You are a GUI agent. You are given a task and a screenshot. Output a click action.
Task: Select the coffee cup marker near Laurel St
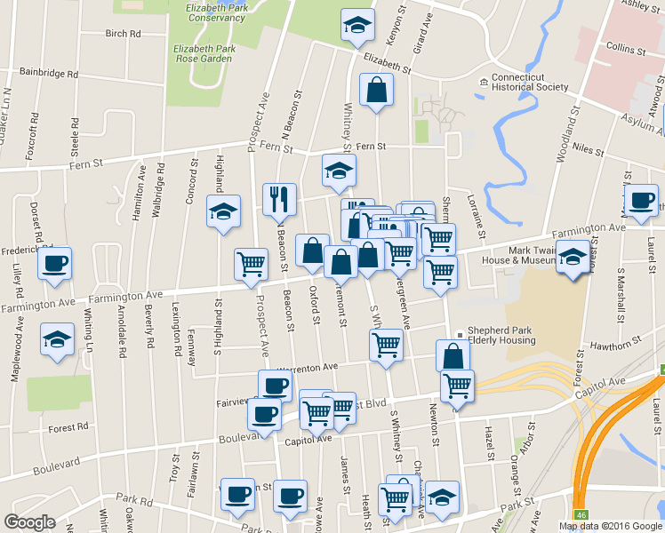[x=641, y=201]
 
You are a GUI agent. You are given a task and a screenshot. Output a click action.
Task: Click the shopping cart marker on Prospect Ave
[x=252, y=264]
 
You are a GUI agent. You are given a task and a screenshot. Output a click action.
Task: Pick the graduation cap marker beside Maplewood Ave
[x=58, y=340]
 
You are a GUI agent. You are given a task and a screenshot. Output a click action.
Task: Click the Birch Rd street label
[x=124, y=34]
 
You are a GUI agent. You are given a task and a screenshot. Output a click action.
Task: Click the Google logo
[x=29, y=522]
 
